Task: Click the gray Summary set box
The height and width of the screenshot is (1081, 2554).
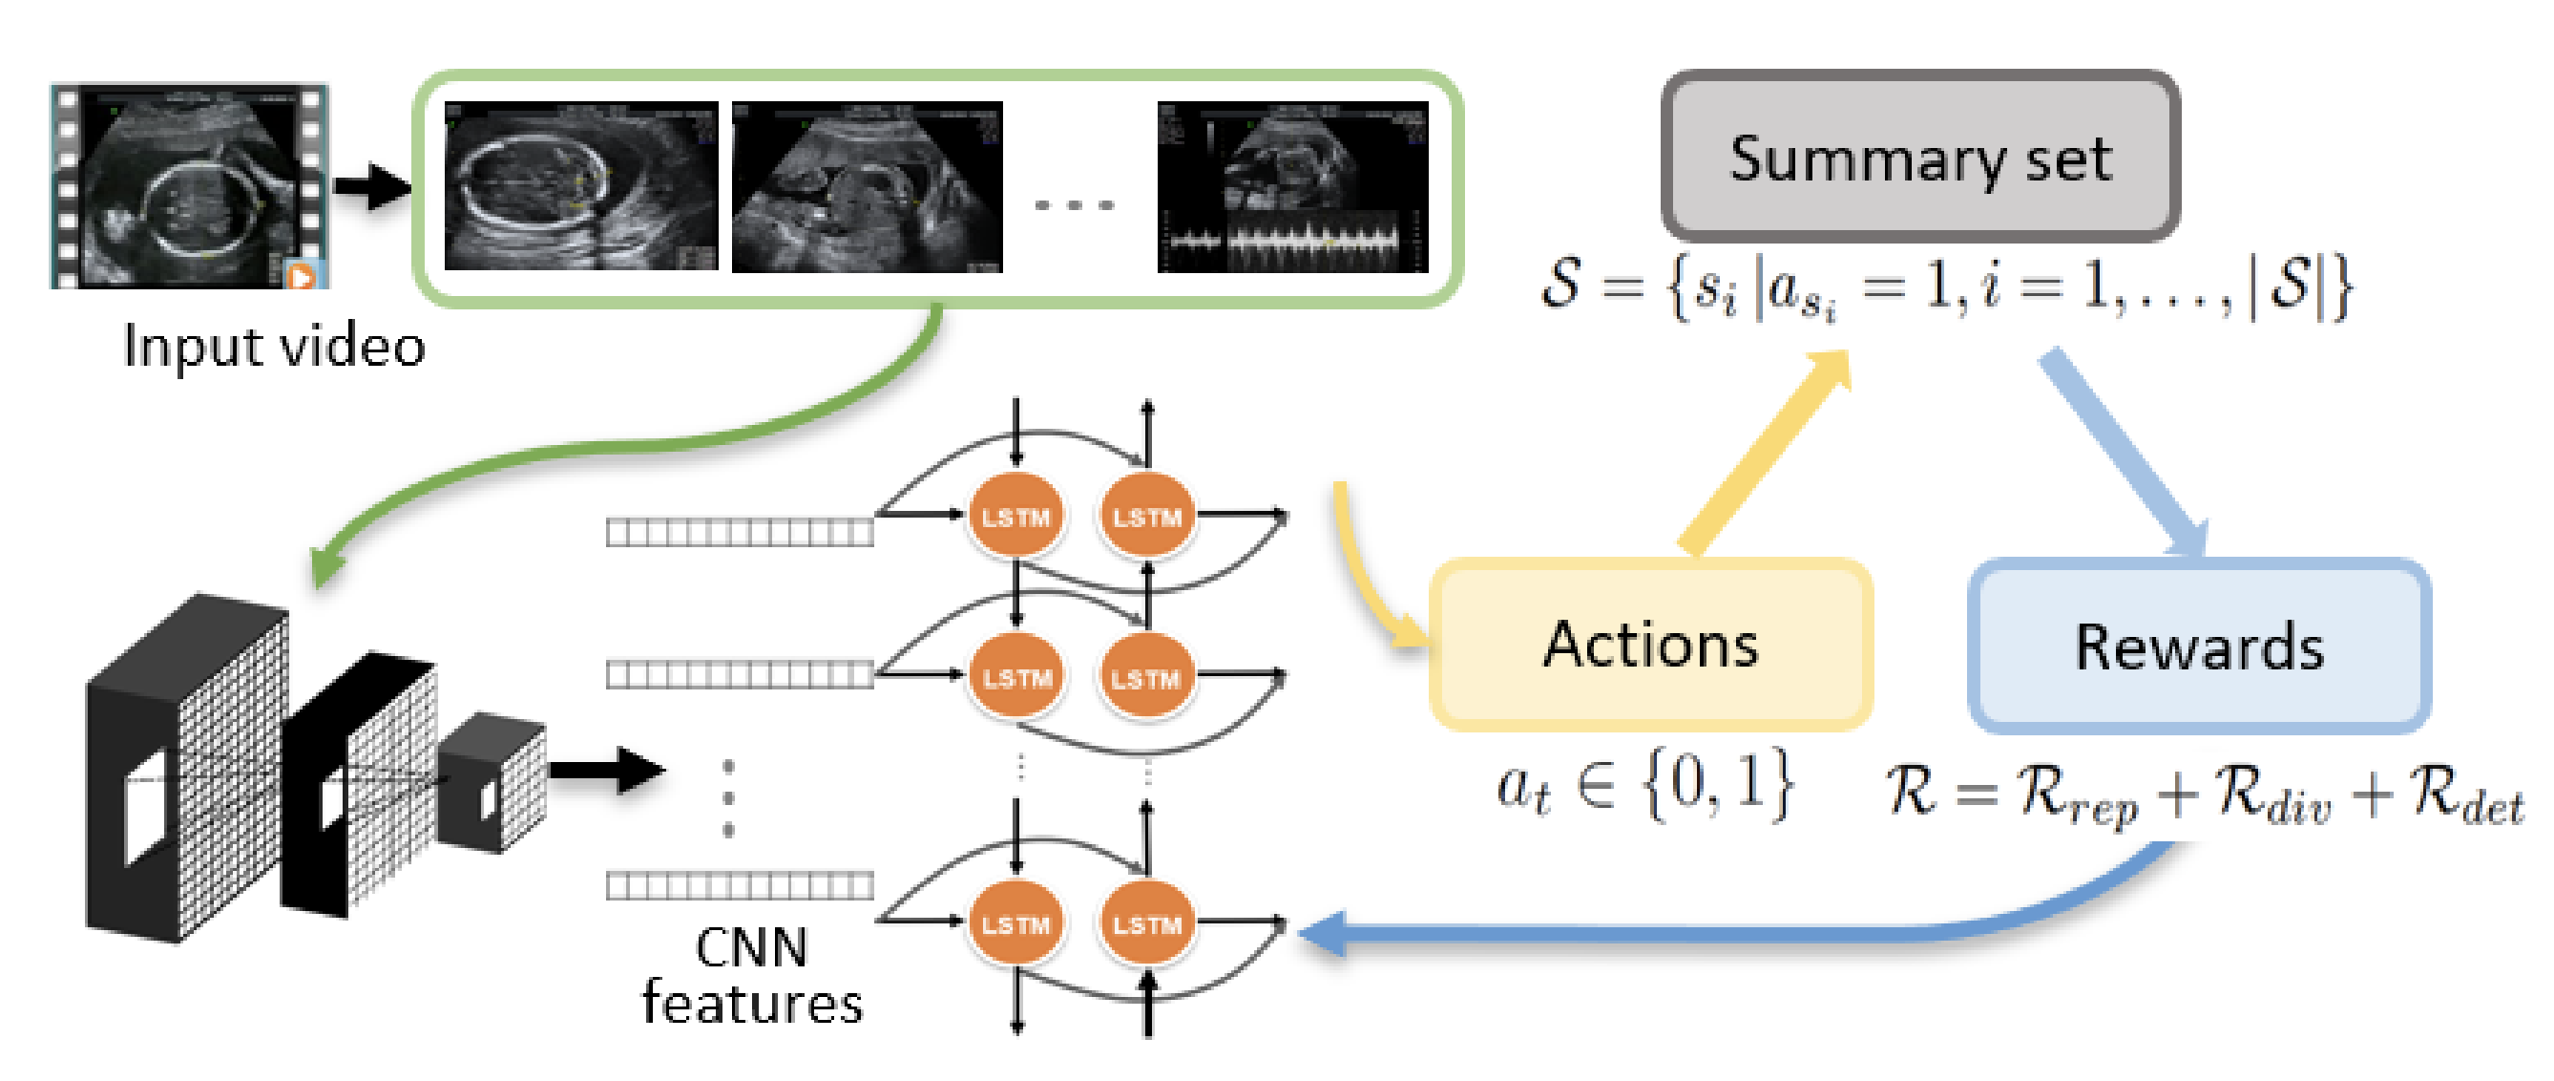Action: (1919, 157)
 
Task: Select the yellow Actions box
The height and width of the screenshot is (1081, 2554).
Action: (1650, 646)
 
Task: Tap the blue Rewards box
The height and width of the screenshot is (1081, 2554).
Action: (2198, 647)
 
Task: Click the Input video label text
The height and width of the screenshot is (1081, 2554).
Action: (274, 347)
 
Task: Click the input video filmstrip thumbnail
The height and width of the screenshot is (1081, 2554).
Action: (189, 186)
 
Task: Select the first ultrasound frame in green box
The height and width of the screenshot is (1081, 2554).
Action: (581, 186)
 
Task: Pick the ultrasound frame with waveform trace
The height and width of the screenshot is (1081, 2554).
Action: (1292, 186)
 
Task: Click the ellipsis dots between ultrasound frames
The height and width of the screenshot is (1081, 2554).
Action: (1074, 205)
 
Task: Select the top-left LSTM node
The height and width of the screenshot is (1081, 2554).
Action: (1015, 516)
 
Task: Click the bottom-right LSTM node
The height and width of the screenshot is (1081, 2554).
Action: (1146, 924)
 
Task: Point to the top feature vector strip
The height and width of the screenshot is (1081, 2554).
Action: (740, 534)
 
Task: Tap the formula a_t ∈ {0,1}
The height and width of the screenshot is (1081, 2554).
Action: (1643, 787)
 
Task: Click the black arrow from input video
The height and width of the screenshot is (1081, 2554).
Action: (371, 185)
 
